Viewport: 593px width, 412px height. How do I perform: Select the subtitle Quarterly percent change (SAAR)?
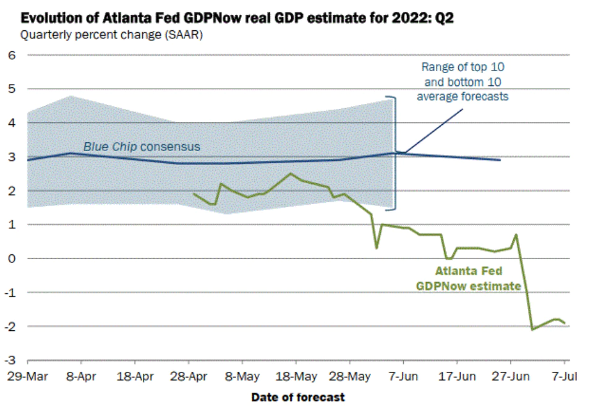[112, 35]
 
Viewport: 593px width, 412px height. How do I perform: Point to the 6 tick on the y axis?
[12, 55]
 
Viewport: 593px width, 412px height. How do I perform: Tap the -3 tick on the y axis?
[11, 359]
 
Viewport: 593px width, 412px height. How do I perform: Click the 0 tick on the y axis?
[12, 258]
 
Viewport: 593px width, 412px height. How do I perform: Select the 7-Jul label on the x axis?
[564, 376]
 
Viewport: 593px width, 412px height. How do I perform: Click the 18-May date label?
[296, 376]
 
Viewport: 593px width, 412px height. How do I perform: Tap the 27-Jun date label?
[510, 376]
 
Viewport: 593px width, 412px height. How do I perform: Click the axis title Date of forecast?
[298, 397]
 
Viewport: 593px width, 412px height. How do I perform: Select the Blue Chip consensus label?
[142, 147]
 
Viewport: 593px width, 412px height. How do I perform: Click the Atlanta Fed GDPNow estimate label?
[468, 278]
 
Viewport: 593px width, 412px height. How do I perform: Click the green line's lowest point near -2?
[532, 329]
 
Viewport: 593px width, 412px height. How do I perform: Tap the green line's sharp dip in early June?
[377, 247]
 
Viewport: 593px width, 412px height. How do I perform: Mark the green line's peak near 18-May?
[291, 174]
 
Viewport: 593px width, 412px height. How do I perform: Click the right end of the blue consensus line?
[500, 160]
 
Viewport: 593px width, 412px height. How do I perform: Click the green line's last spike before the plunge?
[516, 235]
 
